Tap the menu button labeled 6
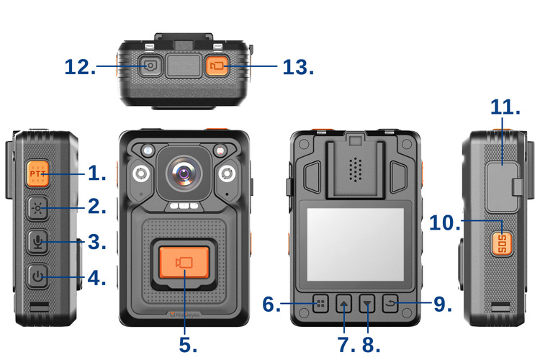click(320, 304)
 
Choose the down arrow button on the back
click(368, 304)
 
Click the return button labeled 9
click(392, 304)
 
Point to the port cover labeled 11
click(501, 173)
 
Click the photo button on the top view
click(150, 66)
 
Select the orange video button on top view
click(217, 66)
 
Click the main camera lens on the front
click(185, 174)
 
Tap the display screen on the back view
click(356, 243)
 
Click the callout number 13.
click(298, 67)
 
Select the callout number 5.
click(188, 344)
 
